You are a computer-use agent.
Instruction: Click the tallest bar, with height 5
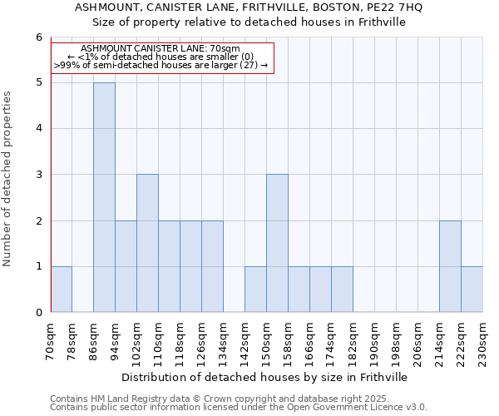(104, 197)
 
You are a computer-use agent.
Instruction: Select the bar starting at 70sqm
(62, 289)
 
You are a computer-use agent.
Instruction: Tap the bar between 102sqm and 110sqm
(147, 243)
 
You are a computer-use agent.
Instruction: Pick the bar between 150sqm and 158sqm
(277, 243)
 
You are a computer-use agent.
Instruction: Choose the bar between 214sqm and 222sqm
(450, 266)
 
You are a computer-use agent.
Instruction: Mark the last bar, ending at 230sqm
(472, 289)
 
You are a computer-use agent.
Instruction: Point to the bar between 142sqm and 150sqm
(255, 289)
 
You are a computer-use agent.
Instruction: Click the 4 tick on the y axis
(38, 129)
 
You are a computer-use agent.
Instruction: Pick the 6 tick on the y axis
(38, 37)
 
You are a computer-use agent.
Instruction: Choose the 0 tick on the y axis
(38, 313)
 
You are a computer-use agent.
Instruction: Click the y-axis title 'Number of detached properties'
(7, 179)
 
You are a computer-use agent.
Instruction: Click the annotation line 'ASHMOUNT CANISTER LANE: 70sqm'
(161, 48)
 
